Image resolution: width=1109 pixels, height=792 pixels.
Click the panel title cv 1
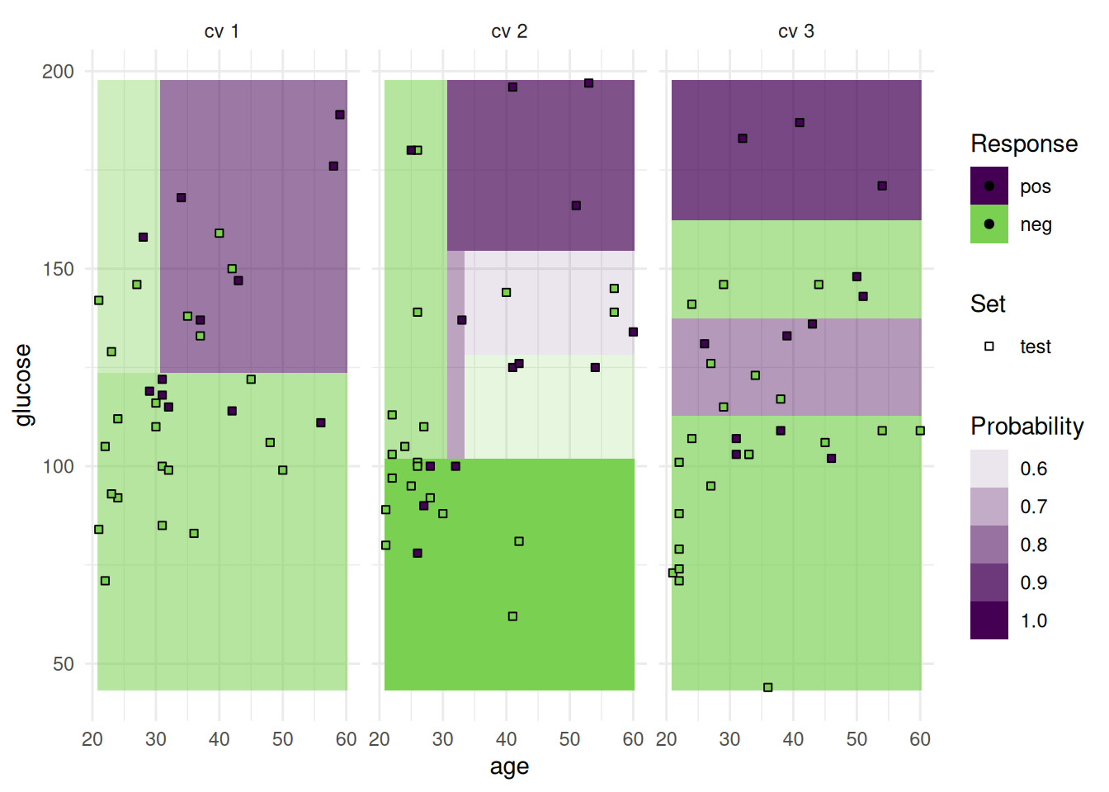pyautogui.click(x=221, y=31)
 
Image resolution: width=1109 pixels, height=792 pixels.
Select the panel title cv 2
pyautogui.click(x=509, y=31)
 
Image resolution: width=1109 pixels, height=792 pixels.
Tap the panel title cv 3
pyautogui.click(x=796, y=31)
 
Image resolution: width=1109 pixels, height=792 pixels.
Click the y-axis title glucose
pyautogui.click(x=23, y=384)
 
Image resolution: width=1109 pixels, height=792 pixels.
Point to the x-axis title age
pyautogui.click(x=509, y=766)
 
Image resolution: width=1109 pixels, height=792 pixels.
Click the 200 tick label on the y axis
pyautogui.click(x=58, y=71)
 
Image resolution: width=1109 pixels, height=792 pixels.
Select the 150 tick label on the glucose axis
pyautogui.click(x=58, y=269)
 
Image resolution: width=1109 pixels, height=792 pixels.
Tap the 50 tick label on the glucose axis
pyautogui.click(x=63, y=664)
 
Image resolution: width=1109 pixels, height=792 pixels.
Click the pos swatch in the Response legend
pyautogui.click(x=989, y=186)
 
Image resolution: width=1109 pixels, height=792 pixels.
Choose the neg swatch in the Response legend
pyautogui.click(x=989, y=224)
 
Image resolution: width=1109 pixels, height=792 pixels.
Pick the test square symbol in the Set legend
pyautogui.click(x=989, y=346)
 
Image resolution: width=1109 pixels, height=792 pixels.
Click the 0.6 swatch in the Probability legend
pyautogui.click(x=989, y=469)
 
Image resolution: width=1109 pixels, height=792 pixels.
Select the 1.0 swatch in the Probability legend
pyautogui.click(x=989, y=620)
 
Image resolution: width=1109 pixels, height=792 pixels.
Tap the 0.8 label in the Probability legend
pyautogui.click(x=1033, y=544)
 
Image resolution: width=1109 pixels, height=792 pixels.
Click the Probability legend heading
pyautogui.click(x=1026, y=426)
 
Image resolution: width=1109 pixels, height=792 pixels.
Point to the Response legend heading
pyautogui.click(x=1023, y=144)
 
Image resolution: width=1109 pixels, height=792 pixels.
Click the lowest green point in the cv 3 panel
pyautogui.click(x=767, y=687)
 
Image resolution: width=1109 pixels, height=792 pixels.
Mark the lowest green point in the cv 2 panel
pyautogui.click(x=512, y=616)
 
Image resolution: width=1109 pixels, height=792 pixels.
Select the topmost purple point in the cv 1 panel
pyautogui.click(x=339, y=115)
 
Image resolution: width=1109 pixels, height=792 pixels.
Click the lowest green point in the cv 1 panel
pyautogui.click(x=105, y=581)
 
